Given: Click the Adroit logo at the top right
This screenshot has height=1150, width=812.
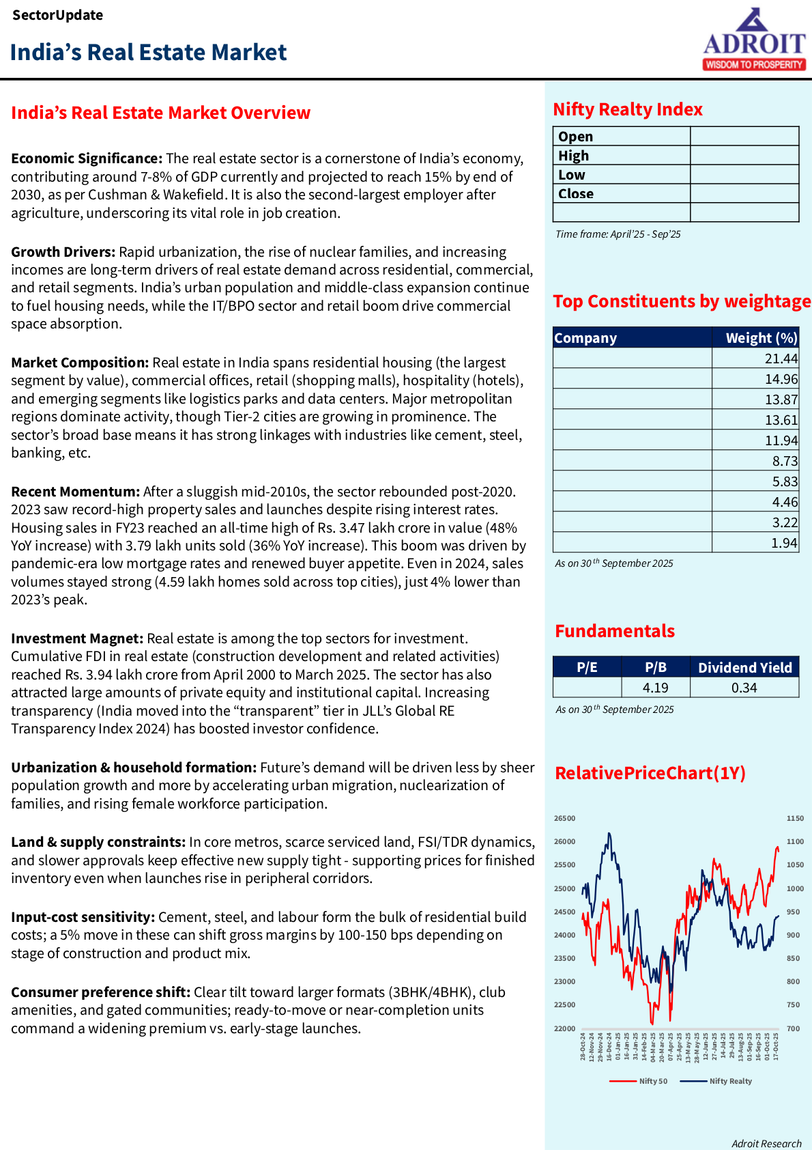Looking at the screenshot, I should point(754,40).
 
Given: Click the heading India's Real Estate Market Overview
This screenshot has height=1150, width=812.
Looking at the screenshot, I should point(160,113).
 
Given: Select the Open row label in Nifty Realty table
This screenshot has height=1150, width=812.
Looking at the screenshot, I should point(576,137).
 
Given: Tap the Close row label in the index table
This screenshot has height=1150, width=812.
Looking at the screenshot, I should point(576,194).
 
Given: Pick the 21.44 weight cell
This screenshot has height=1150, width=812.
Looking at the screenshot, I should point(781,359).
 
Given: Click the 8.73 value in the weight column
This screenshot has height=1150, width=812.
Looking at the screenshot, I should point(785,461).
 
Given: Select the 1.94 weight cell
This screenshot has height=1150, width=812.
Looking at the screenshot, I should point(784,543).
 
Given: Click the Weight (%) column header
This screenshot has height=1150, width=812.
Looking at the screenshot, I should point(761,338).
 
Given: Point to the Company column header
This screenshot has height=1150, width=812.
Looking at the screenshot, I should point(585,338).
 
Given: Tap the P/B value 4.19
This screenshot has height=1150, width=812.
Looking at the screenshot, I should point(655,688).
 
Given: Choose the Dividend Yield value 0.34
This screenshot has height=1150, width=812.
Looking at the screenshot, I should point(744,688).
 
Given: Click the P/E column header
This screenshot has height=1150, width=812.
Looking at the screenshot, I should point(587,667).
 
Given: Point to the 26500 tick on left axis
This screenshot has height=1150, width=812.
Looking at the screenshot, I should point(564,818).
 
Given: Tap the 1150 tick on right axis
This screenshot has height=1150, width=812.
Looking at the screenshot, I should point(795,818).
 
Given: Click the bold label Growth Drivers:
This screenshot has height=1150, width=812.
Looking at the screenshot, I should point(63,252).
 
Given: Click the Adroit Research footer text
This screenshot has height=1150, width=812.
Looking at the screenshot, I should point(766,1144).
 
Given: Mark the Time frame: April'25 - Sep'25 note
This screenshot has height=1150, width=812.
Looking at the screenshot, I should point(618,234).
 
